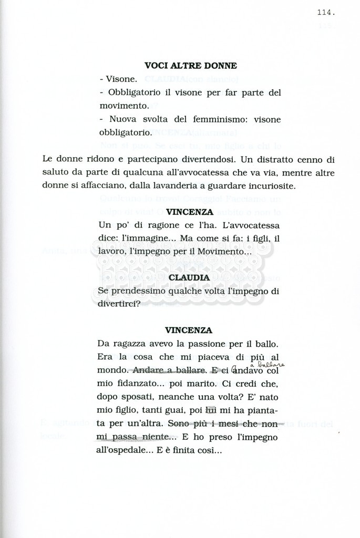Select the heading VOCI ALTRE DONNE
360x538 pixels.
190,66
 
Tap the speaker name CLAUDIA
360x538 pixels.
190,277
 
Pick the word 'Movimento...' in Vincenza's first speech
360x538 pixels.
223,252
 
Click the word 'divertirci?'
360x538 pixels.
119,303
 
